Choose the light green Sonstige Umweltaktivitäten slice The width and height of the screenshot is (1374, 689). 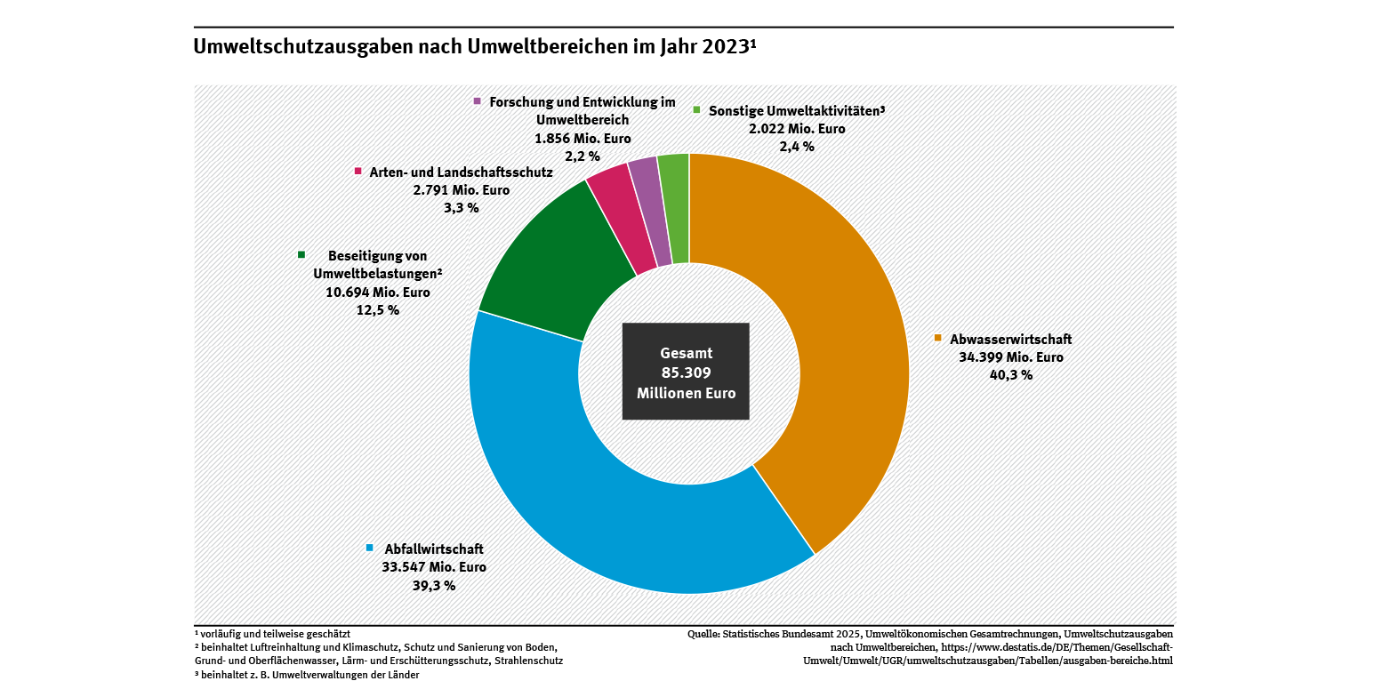676,207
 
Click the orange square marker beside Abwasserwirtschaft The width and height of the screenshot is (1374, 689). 937,338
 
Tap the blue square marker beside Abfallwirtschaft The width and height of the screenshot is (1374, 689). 370,548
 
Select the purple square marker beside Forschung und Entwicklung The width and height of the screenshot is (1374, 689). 478,101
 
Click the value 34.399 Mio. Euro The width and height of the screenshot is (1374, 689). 999,357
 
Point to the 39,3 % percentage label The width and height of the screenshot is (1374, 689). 434,585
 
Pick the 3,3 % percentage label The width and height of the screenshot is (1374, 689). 461,207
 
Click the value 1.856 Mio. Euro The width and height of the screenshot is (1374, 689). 582,138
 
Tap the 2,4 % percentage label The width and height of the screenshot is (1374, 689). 796,146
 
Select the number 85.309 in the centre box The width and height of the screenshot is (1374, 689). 686,373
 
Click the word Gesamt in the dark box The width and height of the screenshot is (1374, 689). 686,352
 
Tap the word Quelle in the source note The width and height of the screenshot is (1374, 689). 704,634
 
